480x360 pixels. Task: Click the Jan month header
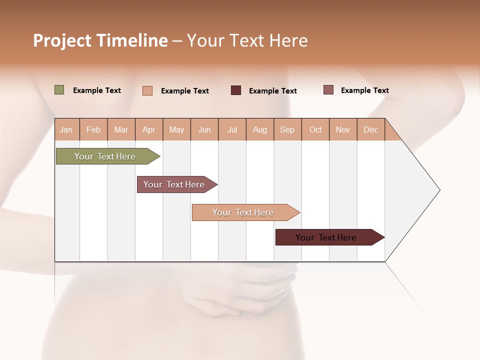66,129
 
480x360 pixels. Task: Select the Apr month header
148,129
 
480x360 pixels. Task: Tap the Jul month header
232,129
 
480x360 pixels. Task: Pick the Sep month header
287,129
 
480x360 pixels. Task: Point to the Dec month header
370,129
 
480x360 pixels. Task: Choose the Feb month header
93,129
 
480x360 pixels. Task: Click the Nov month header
342,129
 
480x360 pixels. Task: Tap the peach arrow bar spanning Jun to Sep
244,212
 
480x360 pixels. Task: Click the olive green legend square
59,90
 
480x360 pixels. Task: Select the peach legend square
147,90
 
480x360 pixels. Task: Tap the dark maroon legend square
236,90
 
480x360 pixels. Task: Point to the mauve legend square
328,90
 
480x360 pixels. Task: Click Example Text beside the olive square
97,90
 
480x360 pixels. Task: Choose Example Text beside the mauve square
364,90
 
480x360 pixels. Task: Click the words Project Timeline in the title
100,40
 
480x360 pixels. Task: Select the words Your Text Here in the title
247,40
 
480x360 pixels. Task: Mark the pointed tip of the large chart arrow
439,190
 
